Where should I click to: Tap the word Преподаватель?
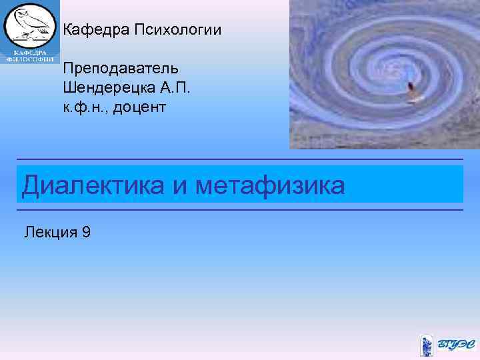click(118, 69)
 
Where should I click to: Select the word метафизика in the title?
click(271, 185)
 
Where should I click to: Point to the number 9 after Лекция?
click(86, 232)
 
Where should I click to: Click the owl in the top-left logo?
click(31, 25)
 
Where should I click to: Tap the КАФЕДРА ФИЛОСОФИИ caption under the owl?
click(31, 55)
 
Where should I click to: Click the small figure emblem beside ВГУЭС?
click(427, 345)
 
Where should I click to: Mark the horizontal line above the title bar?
click(240, 159)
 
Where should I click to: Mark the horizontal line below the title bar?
click(240, 210)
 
